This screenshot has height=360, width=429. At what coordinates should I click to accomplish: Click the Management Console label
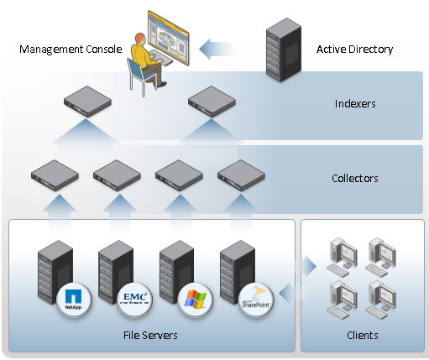click(x=70, y=50)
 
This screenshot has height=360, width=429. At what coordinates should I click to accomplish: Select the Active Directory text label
click(x=354, y=50)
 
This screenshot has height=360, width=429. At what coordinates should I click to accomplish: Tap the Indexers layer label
click(x=354, y=106)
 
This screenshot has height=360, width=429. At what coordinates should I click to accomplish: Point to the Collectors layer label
click(x=354, y=178)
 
